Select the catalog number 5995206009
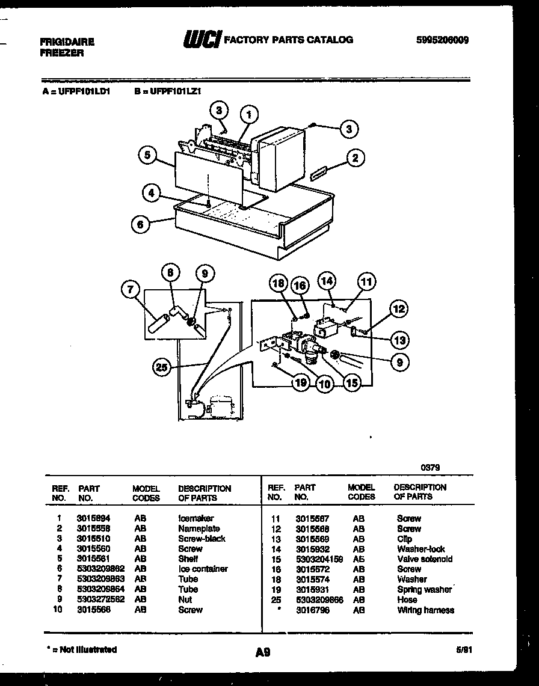(x=442, y=40)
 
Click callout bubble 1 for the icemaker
(x=249, y=114)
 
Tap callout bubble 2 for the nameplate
(x=354, y=158)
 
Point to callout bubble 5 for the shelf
(x=147, y=155)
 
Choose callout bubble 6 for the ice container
(x=140, y=223)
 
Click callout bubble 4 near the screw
(x=152, y=193)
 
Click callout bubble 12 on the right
(x=398, y=310)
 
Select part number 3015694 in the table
(x=93, y=518)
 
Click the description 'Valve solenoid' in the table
(x=424, y=559)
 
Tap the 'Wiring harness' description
(x=425, y=610)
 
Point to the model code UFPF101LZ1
(x=176, y=92)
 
